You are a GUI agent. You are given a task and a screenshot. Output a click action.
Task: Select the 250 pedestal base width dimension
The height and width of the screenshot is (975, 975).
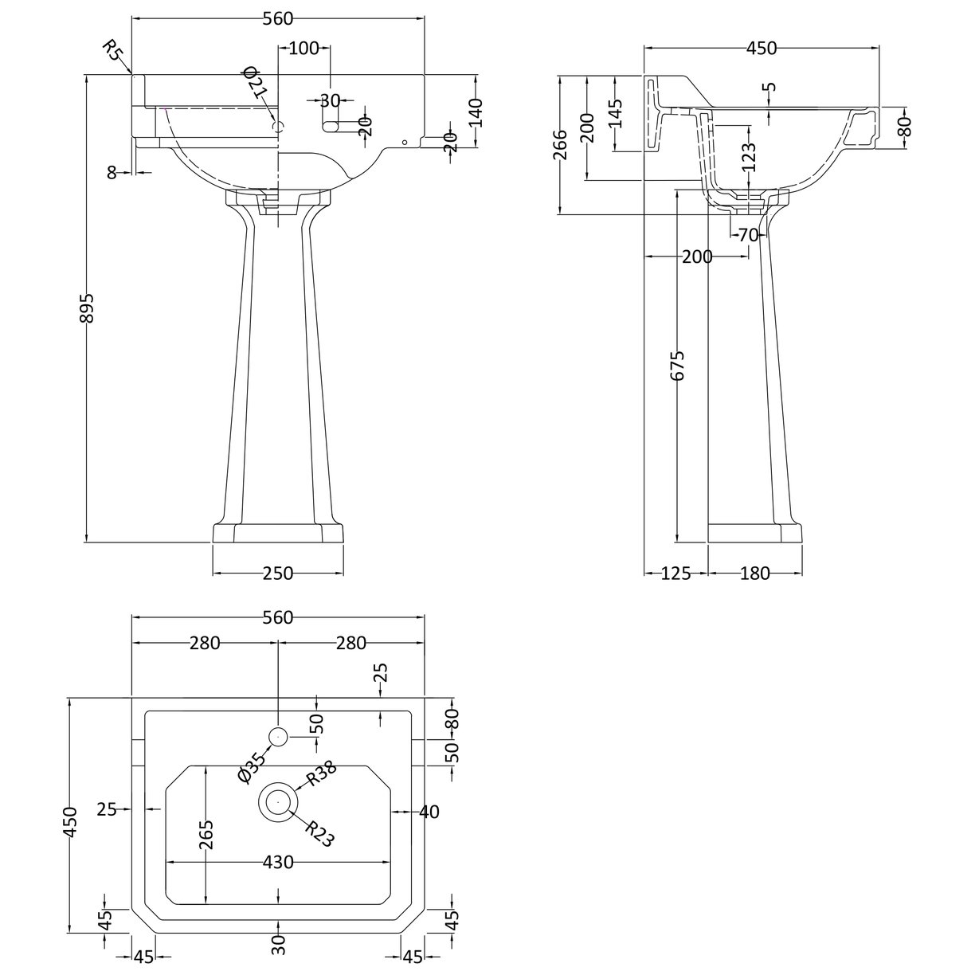click(278, 573)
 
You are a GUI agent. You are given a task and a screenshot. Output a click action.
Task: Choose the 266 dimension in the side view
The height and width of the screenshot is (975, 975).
click(560, 145)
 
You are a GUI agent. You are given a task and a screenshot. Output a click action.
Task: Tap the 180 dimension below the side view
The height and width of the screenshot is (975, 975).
click(754, 573)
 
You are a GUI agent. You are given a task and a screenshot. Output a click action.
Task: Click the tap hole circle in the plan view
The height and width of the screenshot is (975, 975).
click(278, 738)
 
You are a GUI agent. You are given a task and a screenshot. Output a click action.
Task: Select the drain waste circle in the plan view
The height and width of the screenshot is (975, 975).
click(278, 801)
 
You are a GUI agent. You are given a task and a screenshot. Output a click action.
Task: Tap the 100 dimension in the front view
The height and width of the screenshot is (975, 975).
click(303, 49)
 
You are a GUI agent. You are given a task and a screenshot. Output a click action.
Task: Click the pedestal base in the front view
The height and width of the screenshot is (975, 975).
click(278, 533)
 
